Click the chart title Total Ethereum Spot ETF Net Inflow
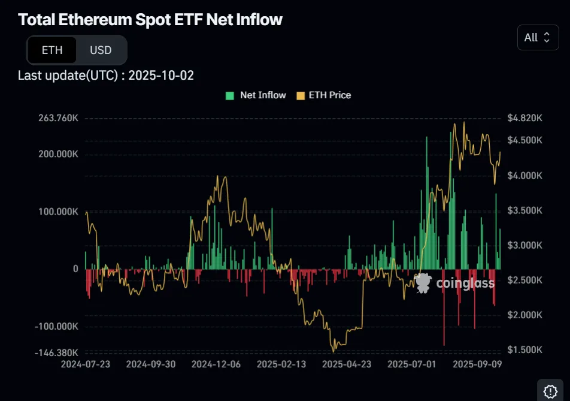pos(150,19)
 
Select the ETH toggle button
pos(52,50)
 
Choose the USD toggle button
pos(101,50)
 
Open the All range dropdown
pos(537,37)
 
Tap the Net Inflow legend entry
pos(256,95)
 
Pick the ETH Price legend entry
pos(324,95)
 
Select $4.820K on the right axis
pos(524,118)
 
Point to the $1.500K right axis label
pos(524,350)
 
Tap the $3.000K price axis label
pos(524,246)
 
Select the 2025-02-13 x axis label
pos(280,364)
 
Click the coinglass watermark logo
pos(455,283)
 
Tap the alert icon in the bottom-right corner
pos(550,391)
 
